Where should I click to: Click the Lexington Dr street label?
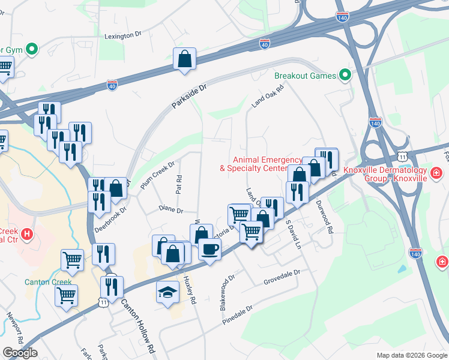coord(122,36)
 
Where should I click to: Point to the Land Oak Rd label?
coord(267,95)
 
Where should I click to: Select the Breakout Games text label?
coord(305,76)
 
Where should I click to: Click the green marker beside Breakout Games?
coord(345,76)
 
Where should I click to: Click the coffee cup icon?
coord(209,249)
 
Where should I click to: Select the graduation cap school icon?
coord(168,292)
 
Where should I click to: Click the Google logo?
coord(20,353)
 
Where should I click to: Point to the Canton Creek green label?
coord(48,282)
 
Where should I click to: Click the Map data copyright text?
coord(411,355)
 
